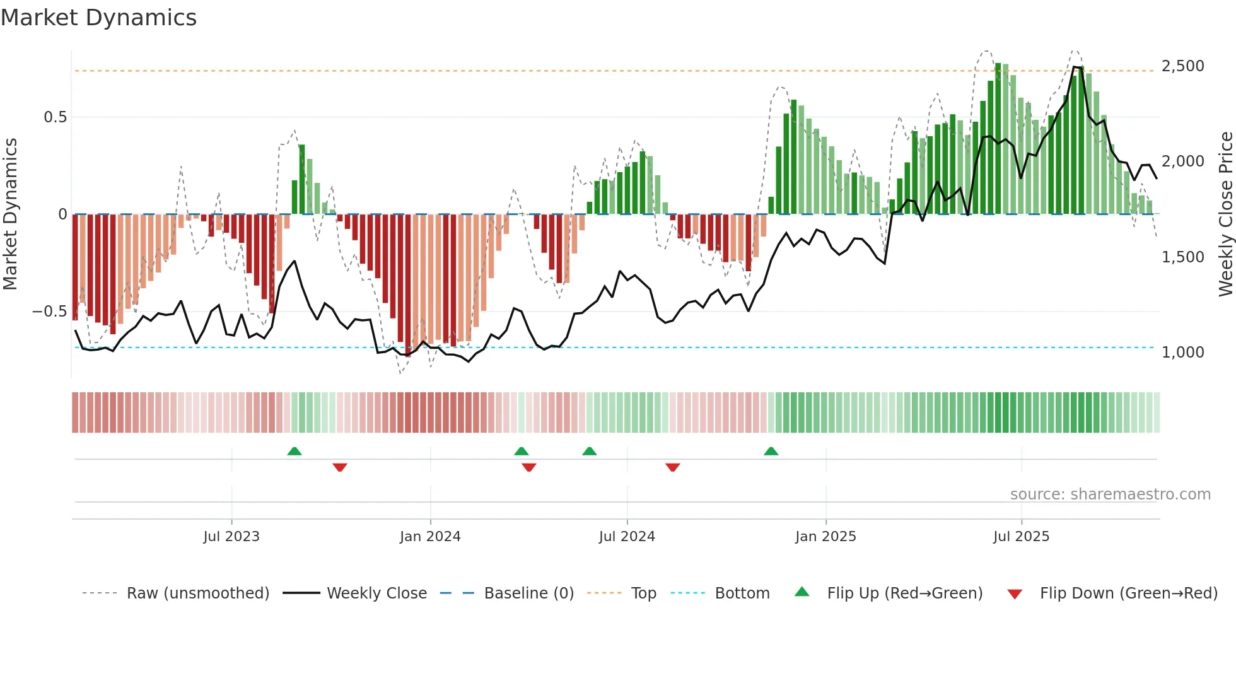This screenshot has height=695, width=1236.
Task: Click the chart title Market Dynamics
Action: pyautogui.click(x=99, y=18)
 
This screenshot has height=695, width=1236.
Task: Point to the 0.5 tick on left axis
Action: pyautogui.click(x=55, y=117)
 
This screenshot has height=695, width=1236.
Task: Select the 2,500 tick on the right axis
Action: pyautogui.click(x=1182, y=66)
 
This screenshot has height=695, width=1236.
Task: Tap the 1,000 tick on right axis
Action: pyautogui.click(x=1182, y=353)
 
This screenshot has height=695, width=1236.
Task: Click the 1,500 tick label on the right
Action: pyautogui.click(x=1182, y=257)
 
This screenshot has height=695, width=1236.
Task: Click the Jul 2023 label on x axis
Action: pyautogui.click(x=231, y=537)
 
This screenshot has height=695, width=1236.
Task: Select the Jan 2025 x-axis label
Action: pyautogui.click(x=825, y=537)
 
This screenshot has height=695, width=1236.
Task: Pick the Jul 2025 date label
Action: pyautogui.click(x=1021, y=537)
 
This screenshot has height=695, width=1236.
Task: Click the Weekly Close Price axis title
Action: pyautogui.click(x=1225, y=214)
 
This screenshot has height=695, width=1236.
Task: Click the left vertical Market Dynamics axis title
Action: pyautogui.click(x=10, y=214)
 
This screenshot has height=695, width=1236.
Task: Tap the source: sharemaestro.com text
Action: pyautogui.click(x=1110, y=494)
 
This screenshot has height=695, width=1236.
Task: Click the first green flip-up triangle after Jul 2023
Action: pyautogui.click(x=294, y=451)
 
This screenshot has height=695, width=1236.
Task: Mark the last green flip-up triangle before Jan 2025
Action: pyautogui.click(x=771, y=451)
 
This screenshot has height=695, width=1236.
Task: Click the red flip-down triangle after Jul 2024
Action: pyautogui.click(x=672, y=467)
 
